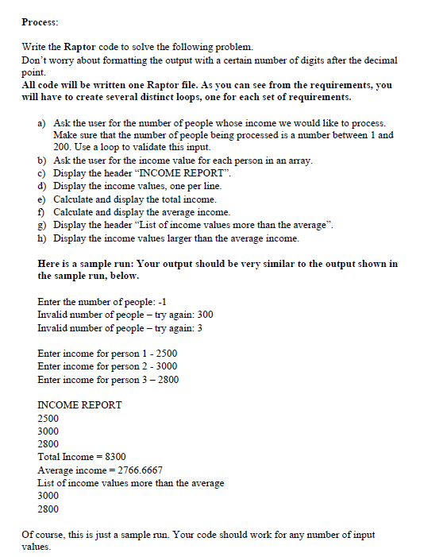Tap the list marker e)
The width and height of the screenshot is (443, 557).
(x=42, y=198)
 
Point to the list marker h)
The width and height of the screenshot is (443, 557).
(x=42, y=238)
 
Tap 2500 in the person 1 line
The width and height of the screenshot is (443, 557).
(x=164, y=353)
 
